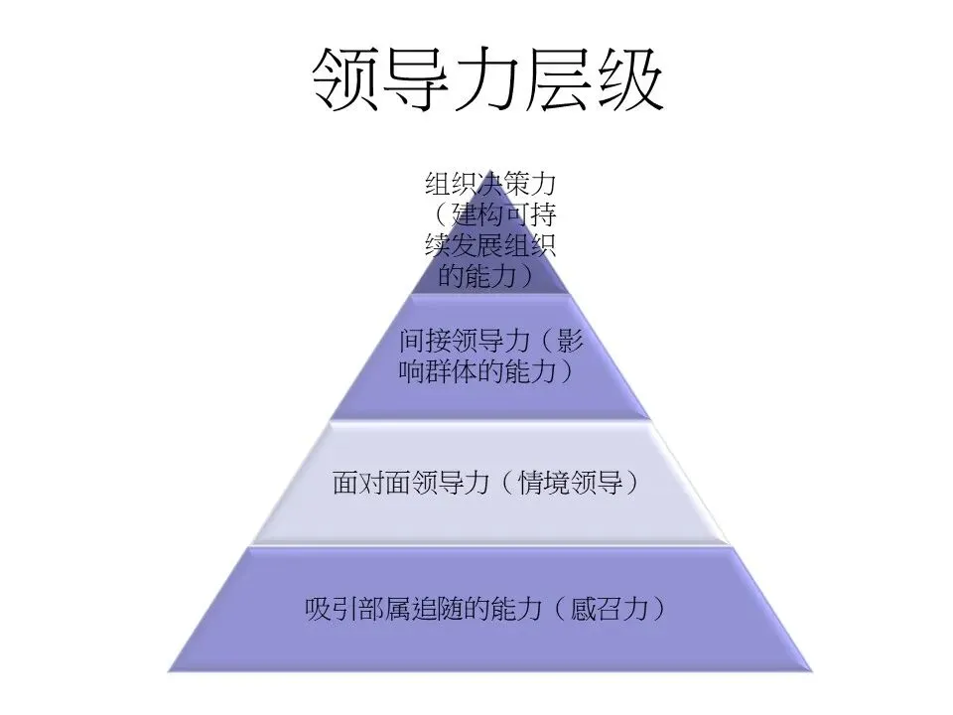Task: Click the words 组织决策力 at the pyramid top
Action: coord(490,185)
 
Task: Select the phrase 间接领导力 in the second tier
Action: coord(449,341)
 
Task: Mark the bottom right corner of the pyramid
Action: coord(812,669)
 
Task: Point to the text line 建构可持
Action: coord(504,215)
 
